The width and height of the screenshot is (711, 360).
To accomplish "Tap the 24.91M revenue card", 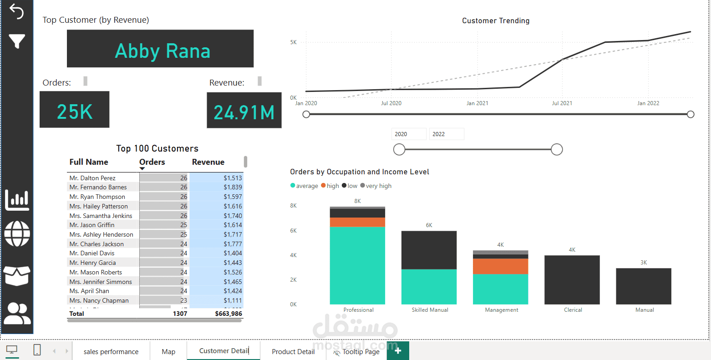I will point(244,110).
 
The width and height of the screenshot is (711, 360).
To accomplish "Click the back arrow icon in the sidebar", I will point(16,11).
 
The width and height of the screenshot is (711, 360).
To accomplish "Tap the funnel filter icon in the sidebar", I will point(17,41).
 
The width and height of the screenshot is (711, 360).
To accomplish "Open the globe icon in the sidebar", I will point(17,233).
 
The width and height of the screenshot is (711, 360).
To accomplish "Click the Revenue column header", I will point(208,162).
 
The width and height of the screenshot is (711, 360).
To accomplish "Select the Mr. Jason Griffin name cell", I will point(92,225).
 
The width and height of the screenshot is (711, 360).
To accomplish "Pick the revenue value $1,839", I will point(233,187).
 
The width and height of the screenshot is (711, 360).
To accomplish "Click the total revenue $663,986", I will point(229,314).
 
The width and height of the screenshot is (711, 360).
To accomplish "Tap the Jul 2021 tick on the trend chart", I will point(562,103).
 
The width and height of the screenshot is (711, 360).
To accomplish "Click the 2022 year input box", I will point(446,134).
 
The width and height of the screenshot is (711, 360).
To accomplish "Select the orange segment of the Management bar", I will point(500,266).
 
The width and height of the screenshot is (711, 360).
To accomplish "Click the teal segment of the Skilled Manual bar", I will point(429,287).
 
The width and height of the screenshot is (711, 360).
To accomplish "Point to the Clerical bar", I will point(572,279).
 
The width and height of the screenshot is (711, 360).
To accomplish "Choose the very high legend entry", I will point(376,186).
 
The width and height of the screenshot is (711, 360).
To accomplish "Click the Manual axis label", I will point(645,310).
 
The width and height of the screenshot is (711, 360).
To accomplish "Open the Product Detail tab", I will point(293,351).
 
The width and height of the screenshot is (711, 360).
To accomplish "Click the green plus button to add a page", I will point(398,351).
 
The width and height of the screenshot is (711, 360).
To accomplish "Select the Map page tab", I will point(168,351).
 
